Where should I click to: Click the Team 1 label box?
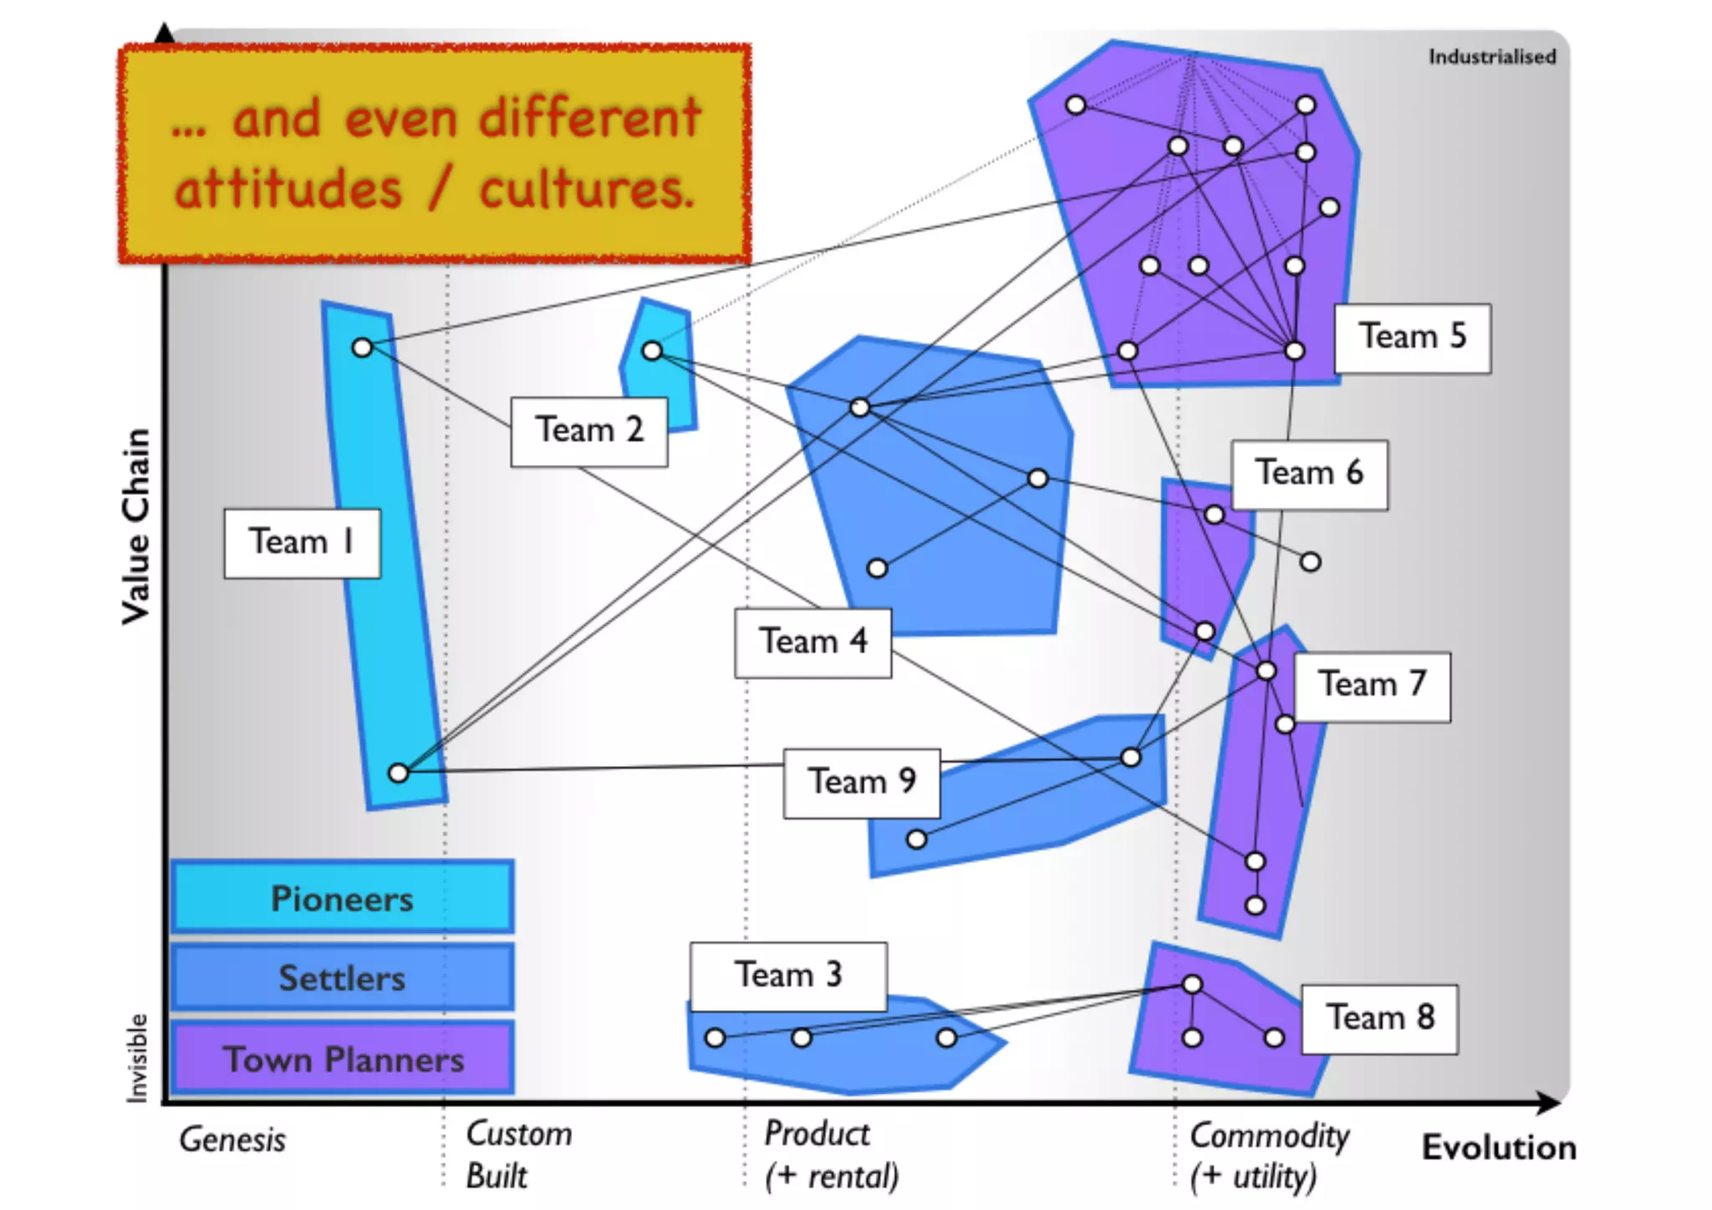point(302,543)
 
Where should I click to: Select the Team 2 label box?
point(588,431)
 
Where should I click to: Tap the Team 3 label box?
point(787,976)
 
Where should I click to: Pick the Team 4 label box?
point(813,642)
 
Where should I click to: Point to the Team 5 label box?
point(1411,337)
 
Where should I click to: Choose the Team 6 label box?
point(1308,474)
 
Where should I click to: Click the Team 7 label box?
point(1372,686)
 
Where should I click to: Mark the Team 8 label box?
point(1379,1019)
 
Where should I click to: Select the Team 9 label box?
point(861,783)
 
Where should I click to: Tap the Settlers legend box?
point(342,978)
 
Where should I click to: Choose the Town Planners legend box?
point(342,1059)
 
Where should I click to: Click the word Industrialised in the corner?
point(1491,57)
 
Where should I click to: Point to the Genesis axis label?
point(232,1140)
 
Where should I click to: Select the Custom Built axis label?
point(518,1155)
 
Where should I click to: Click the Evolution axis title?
point(1499,1148)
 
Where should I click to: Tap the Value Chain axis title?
point(136,526)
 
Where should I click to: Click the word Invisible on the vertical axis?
point(136,1058)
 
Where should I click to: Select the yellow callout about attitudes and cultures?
point(435,153)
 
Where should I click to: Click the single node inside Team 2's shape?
point(652,350)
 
